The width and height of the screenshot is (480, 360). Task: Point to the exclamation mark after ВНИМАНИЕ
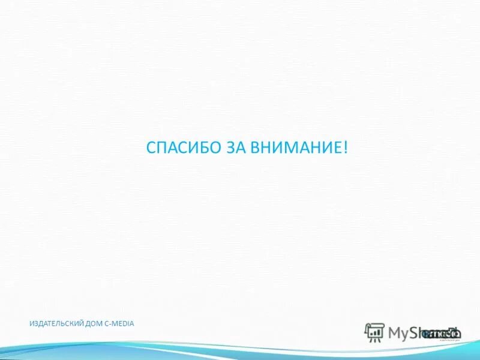point(346,148)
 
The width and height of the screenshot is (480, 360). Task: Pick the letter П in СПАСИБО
point(158,148)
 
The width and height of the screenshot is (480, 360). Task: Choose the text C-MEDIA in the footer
point(120,324)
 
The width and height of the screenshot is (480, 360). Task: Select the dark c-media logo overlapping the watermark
point(442,334)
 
